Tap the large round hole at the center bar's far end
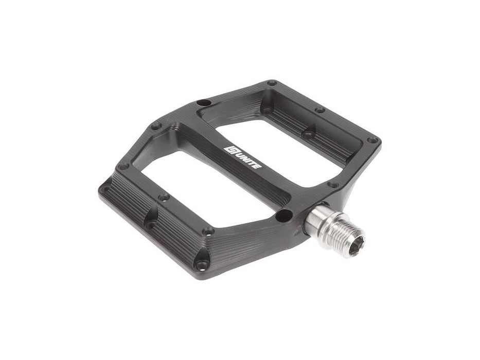tap(202, 102)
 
